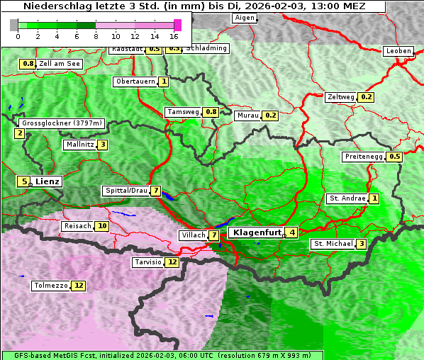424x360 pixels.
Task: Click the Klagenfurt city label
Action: (x=255, y=232)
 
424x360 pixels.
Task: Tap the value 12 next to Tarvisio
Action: (x=172, y=262)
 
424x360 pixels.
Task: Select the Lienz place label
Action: (x=48, y=181)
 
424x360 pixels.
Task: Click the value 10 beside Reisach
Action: (x=102, y=226)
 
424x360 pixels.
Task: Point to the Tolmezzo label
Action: (x=50, y=286)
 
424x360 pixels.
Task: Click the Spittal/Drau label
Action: (x=125, y=191)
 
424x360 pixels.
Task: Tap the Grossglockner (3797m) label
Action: (x=62, y=123)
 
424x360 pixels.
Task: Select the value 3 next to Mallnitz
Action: (x=103, y=145)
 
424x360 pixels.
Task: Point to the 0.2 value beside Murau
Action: (x=270, y=116)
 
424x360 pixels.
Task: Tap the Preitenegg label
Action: (x=363, y=157)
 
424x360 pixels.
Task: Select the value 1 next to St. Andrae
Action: (x=374, y=198)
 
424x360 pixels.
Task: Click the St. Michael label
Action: (x=333, y=244)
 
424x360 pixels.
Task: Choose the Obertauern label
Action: (x=135, y=81)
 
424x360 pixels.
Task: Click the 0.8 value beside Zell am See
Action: (x=28, y=64)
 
